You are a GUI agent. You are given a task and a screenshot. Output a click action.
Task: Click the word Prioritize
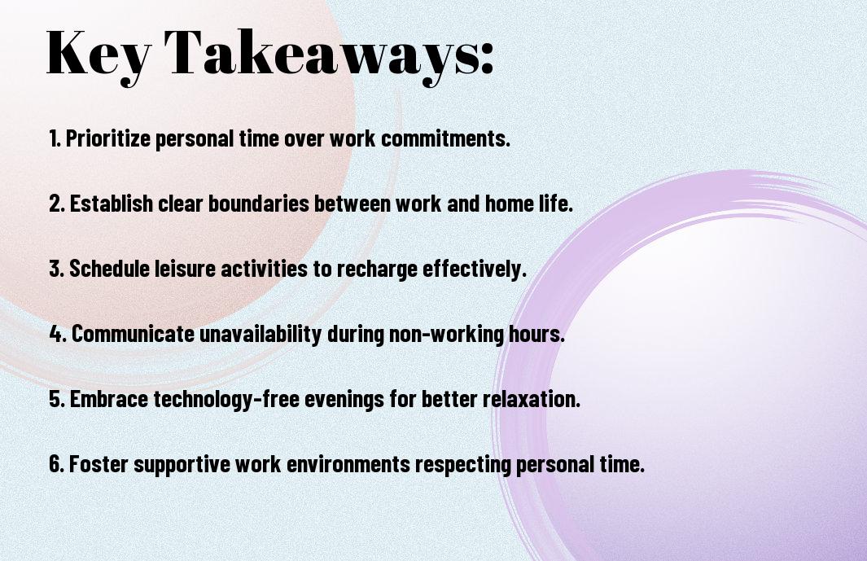pyautogui.click(x=108, y=138)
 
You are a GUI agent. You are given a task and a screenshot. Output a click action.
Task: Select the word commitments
pyautogui.click(x=445, y=138)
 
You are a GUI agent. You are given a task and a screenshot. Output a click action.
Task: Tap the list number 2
pyautogui.click(x=56, y=204)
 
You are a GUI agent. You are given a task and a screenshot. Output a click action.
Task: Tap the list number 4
pyautogui.click(x=58, y=334)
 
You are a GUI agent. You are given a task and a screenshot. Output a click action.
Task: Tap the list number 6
pyautogui.click(x=56, y=464)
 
